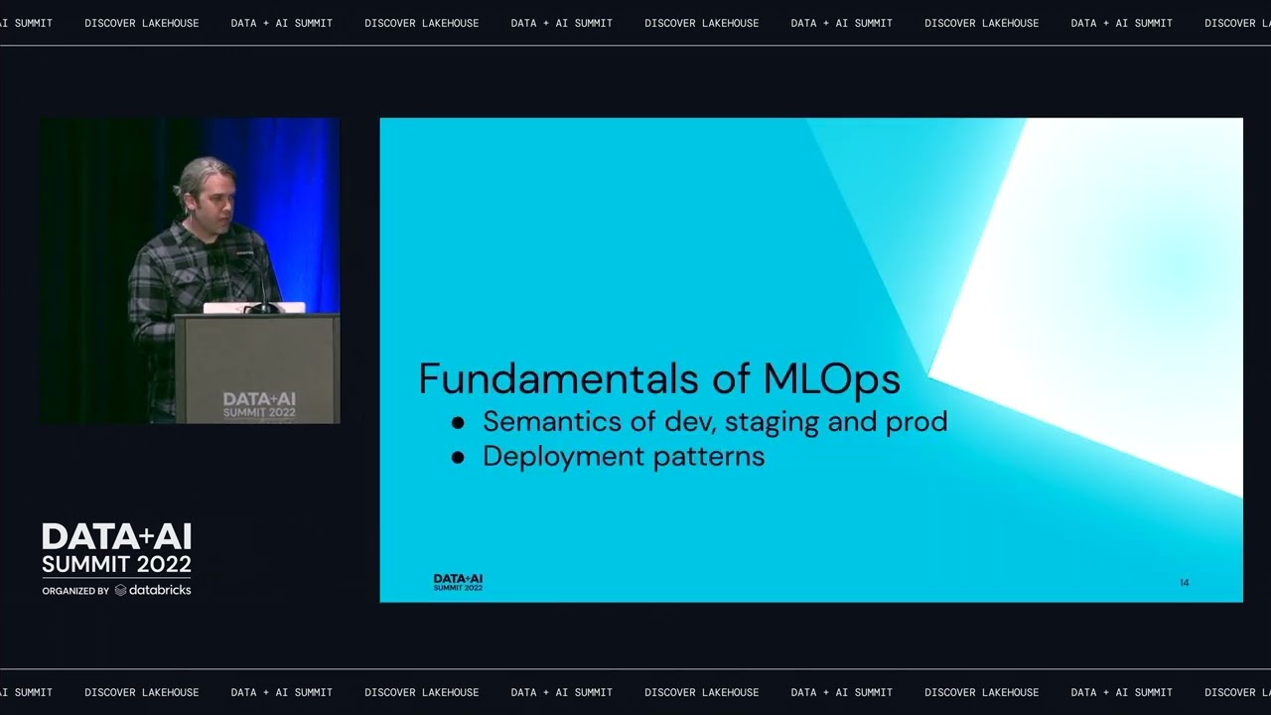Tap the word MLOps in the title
831,379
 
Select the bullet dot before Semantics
458,423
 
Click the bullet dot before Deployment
458,458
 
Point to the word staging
772,423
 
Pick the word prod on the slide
915,422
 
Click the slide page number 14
1184,583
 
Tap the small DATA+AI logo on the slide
458,582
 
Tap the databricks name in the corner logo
159,590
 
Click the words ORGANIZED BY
75,591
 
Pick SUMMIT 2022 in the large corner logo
116,564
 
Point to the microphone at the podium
260,283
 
